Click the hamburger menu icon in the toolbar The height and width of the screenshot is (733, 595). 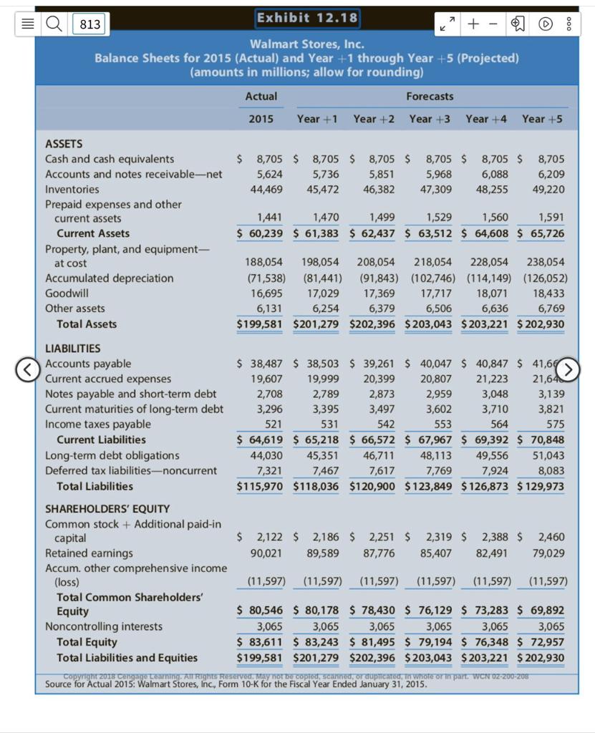point(27,24)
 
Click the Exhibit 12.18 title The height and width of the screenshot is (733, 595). point(307,18)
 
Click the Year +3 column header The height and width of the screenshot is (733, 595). point(430,119)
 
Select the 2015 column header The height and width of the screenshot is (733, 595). point(261,119)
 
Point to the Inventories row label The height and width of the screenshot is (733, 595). point(72,189)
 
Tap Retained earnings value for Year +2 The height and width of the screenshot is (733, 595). point(379,553)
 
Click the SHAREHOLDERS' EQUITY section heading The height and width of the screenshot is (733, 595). point(107,509)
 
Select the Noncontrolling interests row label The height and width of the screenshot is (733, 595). point(104,626)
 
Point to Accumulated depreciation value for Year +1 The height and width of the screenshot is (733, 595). point(316,278)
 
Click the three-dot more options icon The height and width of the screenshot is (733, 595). point(570,24)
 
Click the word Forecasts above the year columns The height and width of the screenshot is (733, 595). point(430,96)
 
